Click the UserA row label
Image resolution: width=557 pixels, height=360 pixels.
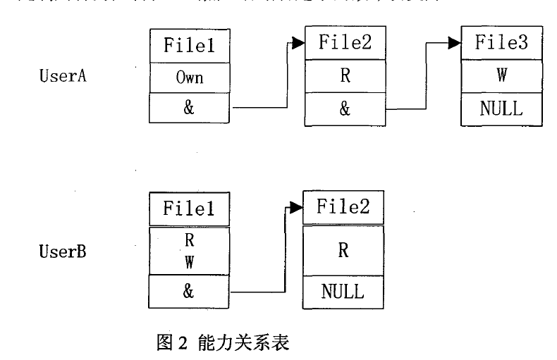63,76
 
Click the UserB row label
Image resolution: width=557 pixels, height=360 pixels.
63,250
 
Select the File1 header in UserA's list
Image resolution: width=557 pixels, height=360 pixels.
190,46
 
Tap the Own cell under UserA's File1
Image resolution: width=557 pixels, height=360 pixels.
190,77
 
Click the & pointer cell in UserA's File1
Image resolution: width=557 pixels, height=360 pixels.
190,108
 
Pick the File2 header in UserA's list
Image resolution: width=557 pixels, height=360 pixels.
345,42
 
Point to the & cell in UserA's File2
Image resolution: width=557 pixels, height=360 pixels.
345,110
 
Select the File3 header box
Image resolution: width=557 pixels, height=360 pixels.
501,42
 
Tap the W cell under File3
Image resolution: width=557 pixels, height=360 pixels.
501,75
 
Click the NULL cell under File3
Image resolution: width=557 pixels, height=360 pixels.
501,108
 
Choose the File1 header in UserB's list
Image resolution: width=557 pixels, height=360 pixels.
189,209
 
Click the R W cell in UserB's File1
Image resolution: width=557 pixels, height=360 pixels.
189,250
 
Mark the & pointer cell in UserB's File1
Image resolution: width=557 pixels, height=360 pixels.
189,291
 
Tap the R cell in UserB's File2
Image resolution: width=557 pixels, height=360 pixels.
344,250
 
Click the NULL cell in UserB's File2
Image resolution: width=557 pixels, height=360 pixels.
344,291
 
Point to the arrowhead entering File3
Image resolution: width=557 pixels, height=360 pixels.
454,43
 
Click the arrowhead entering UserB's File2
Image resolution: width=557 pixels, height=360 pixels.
296,207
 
